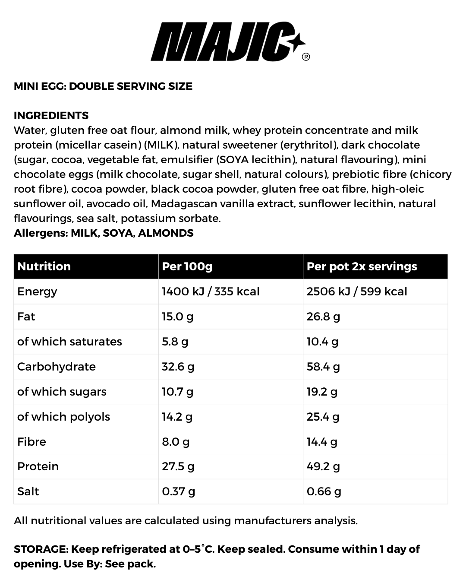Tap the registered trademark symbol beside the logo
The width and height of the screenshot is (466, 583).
click(x=306, y=57)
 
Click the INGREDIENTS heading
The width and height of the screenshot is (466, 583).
click(x=51, y=116)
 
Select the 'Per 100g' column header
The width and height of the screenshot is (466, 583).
click(x=187, y=266)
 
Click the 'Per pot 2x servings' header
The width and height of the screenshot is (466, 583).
click(x=362, y=266)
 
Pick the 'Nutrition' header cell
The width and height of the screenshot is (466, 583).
click(x=44, y=266)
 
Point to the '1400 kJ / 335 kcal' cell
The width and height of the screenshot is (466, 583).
click(x=211, y=291)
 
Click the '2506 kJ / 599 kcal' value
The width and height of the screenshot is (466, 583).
click(x=357, y=291)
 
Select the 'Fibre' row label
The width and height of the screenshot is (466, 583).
click(x=31, y=442)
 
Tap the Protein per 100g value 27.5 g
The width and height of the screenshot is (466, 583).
click(x=178, y=466)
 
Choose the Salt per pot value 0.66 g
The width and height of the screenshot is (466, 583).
click(x=324, y=491)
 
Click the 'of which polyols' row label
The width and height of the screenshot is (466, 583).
click(x=63, y=417)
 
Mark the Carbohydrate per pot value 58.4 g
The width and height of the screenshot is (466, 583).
click(x=323, y=367)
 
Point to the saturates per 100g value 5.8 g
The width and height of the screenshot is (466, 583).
click(x=175, y=342)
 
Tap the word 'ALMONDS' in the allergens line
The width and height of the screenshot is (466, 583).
click(x=166, y=233)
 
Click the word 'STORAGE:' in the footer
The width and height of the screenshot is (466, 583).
click(x=41, y=549)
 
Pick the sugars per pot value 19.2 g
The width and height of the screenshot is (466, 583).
click(x=322, y=392)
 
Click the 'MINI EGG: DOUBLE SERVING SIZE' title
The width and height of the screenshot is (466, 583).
click(x=103, y=86)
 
